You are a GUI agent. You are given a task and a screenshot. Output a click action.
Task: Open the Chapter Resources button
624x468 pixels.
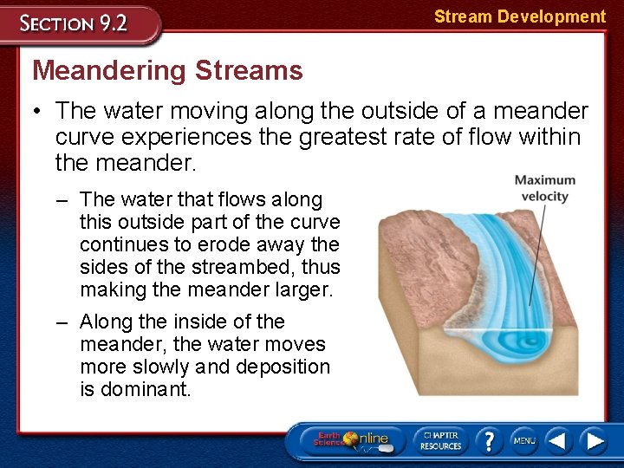point(440,439)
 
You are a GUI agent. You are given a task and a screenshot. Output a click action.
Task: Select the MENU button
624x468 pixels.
point(523,440)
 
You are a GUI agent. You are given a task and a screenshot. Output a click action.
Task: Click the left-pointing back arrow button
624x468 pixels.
point(558,440)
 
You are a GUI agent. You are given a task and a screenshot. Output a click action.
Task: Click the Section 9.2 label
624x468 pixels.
point(75,23)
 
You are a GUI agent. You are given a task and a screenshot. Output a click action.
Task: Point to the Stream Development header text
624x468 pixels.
point(519,16)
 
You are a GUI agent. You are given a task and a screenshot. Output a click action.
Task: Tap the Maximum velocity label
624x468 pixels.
point(544,188)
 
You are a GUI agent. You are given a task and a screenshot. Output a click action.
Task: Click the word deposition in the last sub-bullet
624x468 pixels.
point(281,367)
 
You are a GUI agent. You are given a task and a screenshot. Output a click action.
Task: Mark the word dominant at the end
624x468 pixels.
point(146,389)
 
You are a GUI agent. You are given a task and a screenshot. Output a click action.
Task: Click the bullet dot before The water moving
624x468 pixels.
point(40,112)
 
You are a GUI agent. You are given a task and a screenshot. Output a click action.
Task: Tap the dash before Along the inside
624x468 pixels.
point(62,322)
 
